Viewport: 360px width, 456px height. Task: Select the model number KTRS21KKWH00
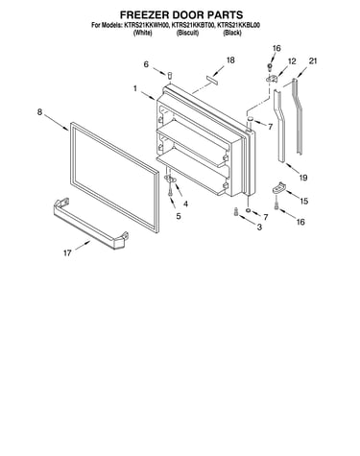point(146,25)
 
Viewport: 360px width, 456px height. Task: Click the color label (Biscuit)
point(188,33)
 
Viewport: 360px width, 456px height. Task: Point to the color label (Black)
point(232,33)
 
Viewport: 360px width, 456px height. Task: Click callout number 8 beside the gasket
point(39,112)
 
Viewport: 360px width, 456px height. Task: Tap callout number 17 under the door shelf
point(67,253)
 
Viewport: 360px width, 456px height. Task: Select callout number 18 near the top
point(230,60)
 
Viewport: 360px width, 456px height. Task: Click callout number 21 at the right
point(313,60)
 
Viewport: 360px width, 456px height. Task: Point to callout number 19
point(303,178)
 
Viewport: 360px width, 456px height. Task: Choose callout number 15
point(304,201)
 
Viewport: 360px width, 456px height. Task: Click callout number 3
point(259,228)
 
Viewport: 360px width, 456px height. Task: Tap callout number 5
point(179,216)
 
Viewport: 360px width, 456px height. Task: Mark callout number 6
point(146,64)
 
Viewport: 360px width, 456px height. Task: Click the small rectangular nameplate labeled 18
point(212,80)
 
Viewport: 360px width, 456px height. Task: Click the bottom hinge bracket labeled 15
point(278,188)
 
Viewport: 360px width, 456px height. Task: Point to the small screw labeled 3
point(236,212)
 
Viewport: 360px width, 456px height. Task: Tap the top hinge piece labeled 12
point(272,78)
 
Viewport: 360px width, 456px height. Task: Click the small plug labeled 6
point(170,75)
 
